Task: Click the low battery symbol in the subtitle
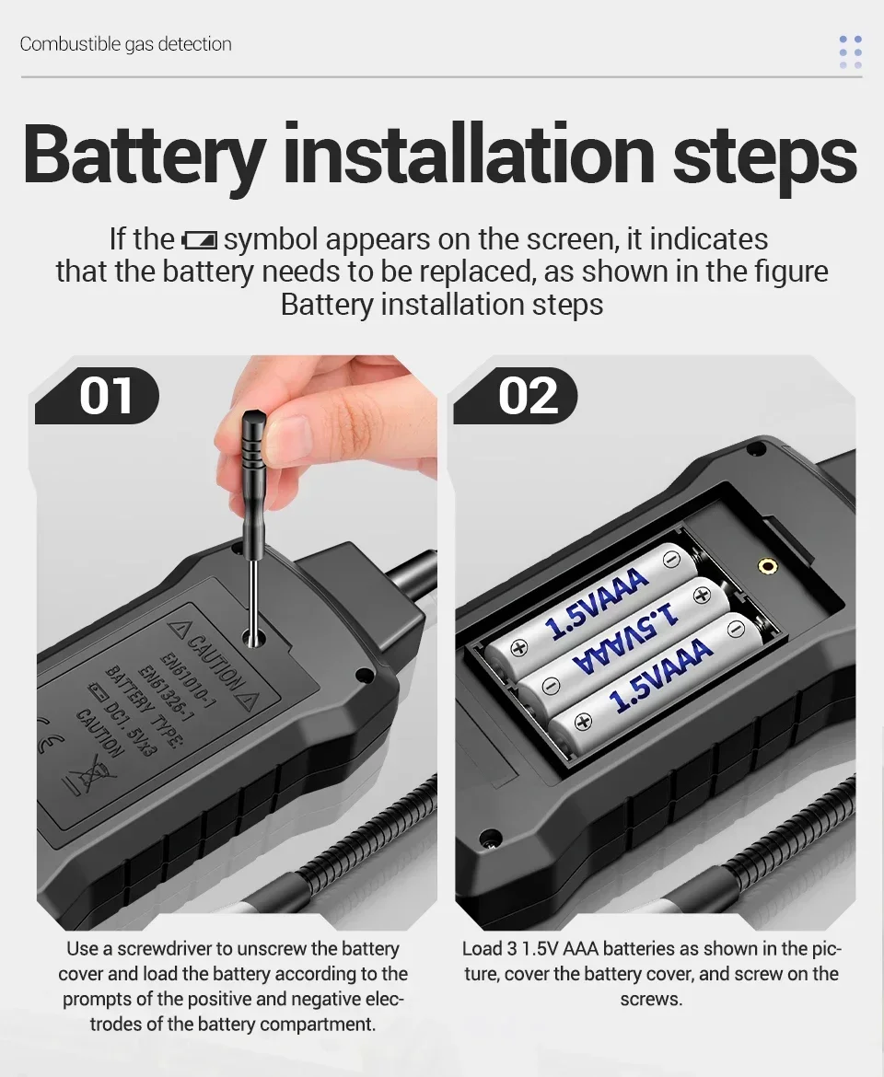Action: click(199, 240)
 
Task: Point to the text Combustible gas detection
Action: click(126, 44)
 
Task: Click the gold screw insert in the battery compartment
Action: click(766, 566)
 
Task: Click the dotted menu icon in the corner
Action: click(850, 52)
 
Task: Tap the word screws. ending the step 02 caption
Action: click(651, 999)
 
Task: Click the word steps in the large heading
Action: click(764, 156)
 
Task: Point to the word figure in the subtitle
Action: click(789, 272)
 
